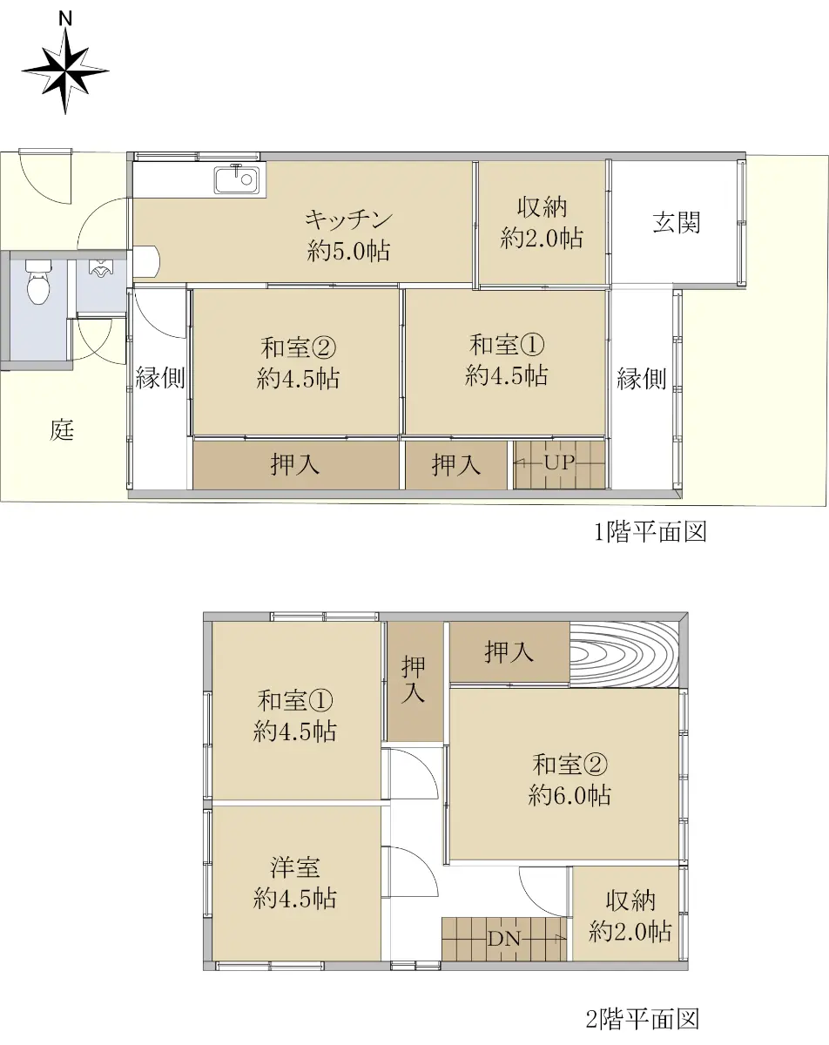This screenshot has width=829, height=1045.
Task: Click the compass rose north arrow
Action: coord(65,71)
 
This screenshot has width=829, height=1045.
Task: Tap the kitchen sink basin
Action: coord(236,179)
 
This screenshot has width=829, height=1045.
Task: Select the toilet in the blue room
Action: coord(38,282)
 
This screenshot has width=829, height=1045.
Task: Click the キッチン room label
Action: coord(348,219)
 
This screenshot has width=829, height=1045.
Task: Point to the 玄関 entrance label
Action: coord(676,223)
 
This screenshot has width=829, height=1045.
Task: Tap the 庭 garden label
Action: coord(62,429)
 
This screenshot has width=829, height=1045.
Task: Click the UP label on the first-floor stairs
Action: coord(559,462)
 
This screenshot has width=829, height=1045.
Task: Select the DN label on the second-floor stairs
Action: coord(504,939)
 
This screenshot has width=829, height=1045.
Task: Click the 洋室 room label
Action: coord(295,867)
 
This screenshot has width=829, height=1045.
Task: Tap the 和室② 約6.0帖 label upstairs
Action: coord(570,780)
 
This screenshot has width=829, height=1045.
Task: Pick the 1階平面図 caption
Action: coord(650,532)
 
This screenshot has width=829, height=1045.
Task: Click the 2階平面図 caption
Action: coord(643,1018)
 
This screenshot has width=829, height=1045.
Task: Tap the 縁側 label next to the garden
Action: coord(159,377)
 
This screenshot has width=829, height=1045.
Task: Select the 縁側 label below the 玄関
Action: coord(641,378)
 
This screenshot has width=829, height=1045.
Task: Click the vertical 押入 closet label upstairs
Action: coord(414,679)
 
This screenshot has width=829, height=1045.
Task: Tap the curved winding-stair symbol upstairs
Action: coord(623,654)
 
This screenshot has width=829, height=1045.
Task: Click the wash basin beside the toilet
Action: coord(101,267)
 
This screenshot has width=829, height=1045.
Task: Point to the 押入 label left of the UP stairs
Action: coord(456,464)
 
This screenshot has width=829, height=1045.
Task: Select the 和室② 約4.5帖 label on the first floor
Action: coord(298,363)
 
